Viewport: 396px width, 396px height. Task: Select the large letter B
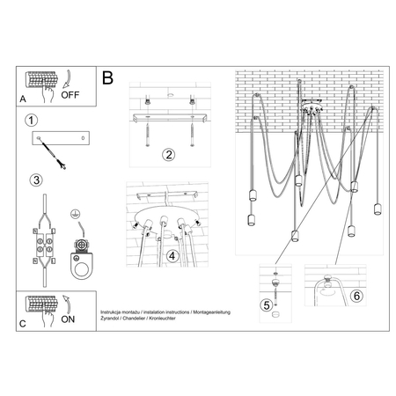click(107, 79)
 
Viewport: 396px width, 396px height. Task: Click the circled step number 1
click(32, 121)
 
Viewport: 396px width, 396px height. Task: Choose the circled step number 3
click(35, 180)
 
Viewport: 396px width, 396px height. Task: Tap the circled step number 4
click(173, 257)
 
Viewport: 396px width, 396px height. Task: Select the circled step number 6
click(355, 297)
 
